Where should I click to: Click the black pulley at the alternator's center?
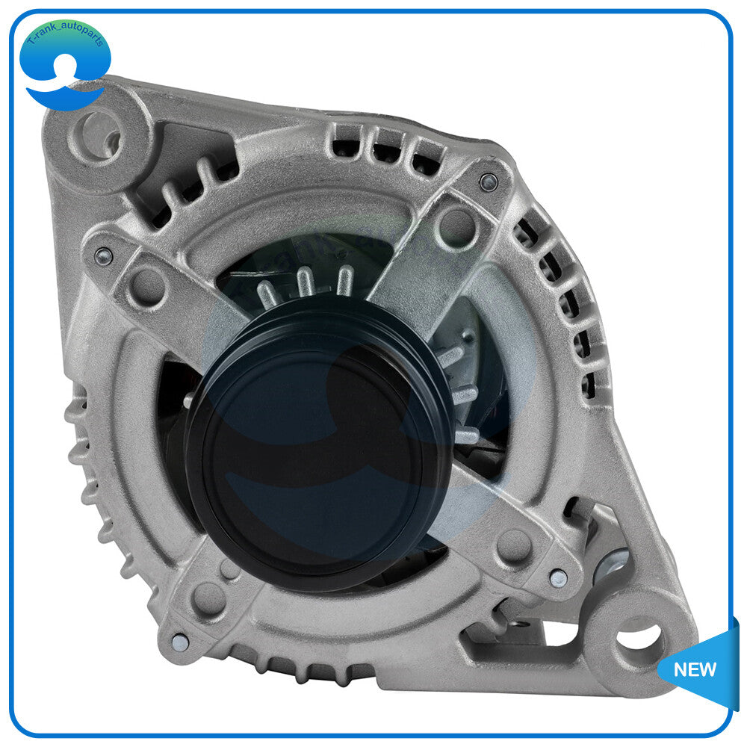(x=318, y=442)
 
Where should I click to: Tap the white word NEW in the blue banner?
(x=695, y=669)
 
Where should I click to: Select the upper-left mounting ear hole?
(x=101, y=134)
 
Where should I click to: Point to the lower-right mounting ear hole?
(x=639, y=636)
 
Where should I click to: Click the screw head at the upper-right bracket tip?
(x=489, y=182)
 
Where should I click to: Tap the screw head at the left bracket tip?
(x=103, y=256)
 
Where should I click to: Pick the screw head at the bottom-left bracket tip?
(x=179, y=642)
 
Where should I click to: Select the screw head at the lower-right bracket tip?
(x=558, y=578)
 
